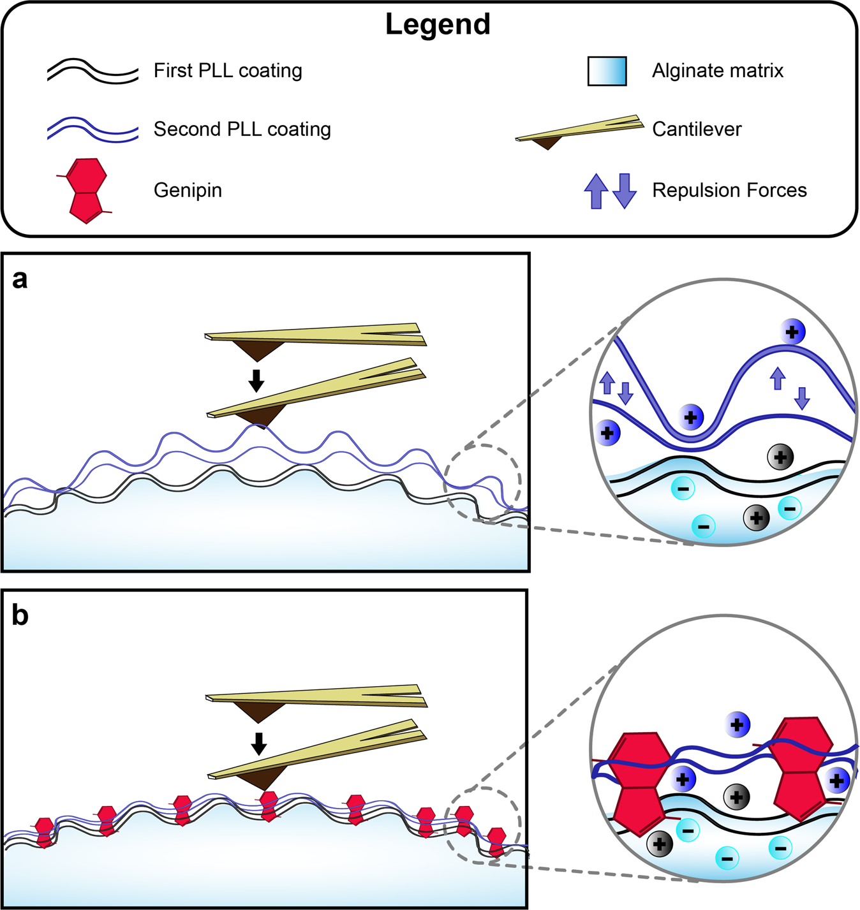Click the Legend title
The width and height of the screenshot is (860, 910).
coord(438,24)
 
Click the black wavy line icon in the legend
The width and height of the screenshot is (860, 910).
coord(93,71)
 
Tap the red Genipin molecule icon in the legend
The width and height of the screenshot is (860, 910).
coord(87,191)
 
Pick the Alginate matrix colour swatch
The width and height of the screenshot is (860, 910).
coord(607,71)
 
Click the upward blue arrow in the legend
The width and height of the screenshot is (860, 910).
coord(596,191)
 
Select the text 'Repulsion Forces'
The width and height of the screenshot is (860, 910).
coord(729,191)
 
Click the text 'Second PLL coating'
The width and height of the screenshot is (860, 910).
coord(242,129)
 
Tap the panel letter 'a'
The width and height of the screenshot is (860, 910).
coord(20,279)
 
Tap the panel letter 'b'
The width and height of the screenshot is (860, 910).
coord(20,615)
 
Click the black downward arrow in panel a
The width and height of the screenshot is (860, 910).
coord(256,380)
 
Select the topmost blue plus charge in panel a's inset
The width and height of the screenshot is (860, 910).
coord(792,332)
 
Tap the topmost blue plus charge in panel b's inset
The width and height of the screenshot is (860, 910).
coord(738,725)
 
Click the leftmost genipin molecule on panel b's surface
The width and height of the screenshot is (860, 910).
coord(44,832)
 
